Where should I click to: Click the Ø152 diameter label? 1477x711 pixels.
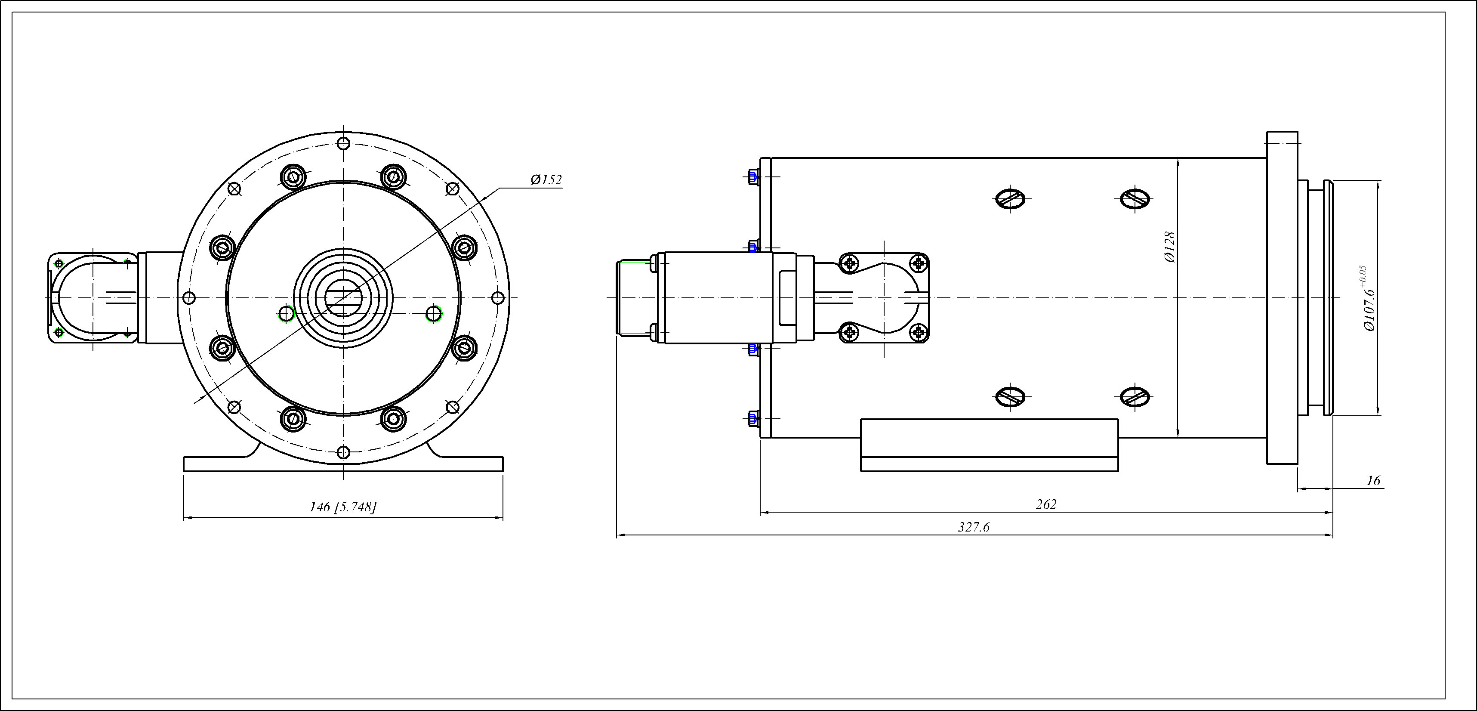tap(546, 180)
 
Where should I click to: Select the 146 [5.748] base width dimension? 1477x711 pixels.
tap(343, 507)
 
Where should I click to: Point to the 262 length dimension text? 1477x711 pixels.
tap(1046, 504)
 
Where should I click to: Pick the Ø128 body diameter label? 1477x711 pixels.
tap(1170, 247)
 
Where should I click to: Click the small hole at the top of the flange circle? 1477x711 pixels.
tap(343, 143)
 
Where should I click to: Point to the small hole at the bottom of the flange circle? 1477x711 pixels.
tap(343, 452)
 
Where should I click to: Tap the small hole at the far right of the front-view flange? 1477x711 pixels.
tap(498, 298)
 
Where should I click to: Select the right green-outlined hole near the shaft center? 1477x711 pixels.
tap(434, 314)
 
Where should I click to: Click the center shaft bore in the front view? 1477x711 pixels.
tap(343, 298)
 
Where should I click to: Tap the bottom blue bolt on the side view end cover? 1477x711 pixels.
tap(753, 419)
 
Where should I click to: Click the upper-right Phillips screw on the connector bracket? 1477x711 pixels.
tap(919, 264)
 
